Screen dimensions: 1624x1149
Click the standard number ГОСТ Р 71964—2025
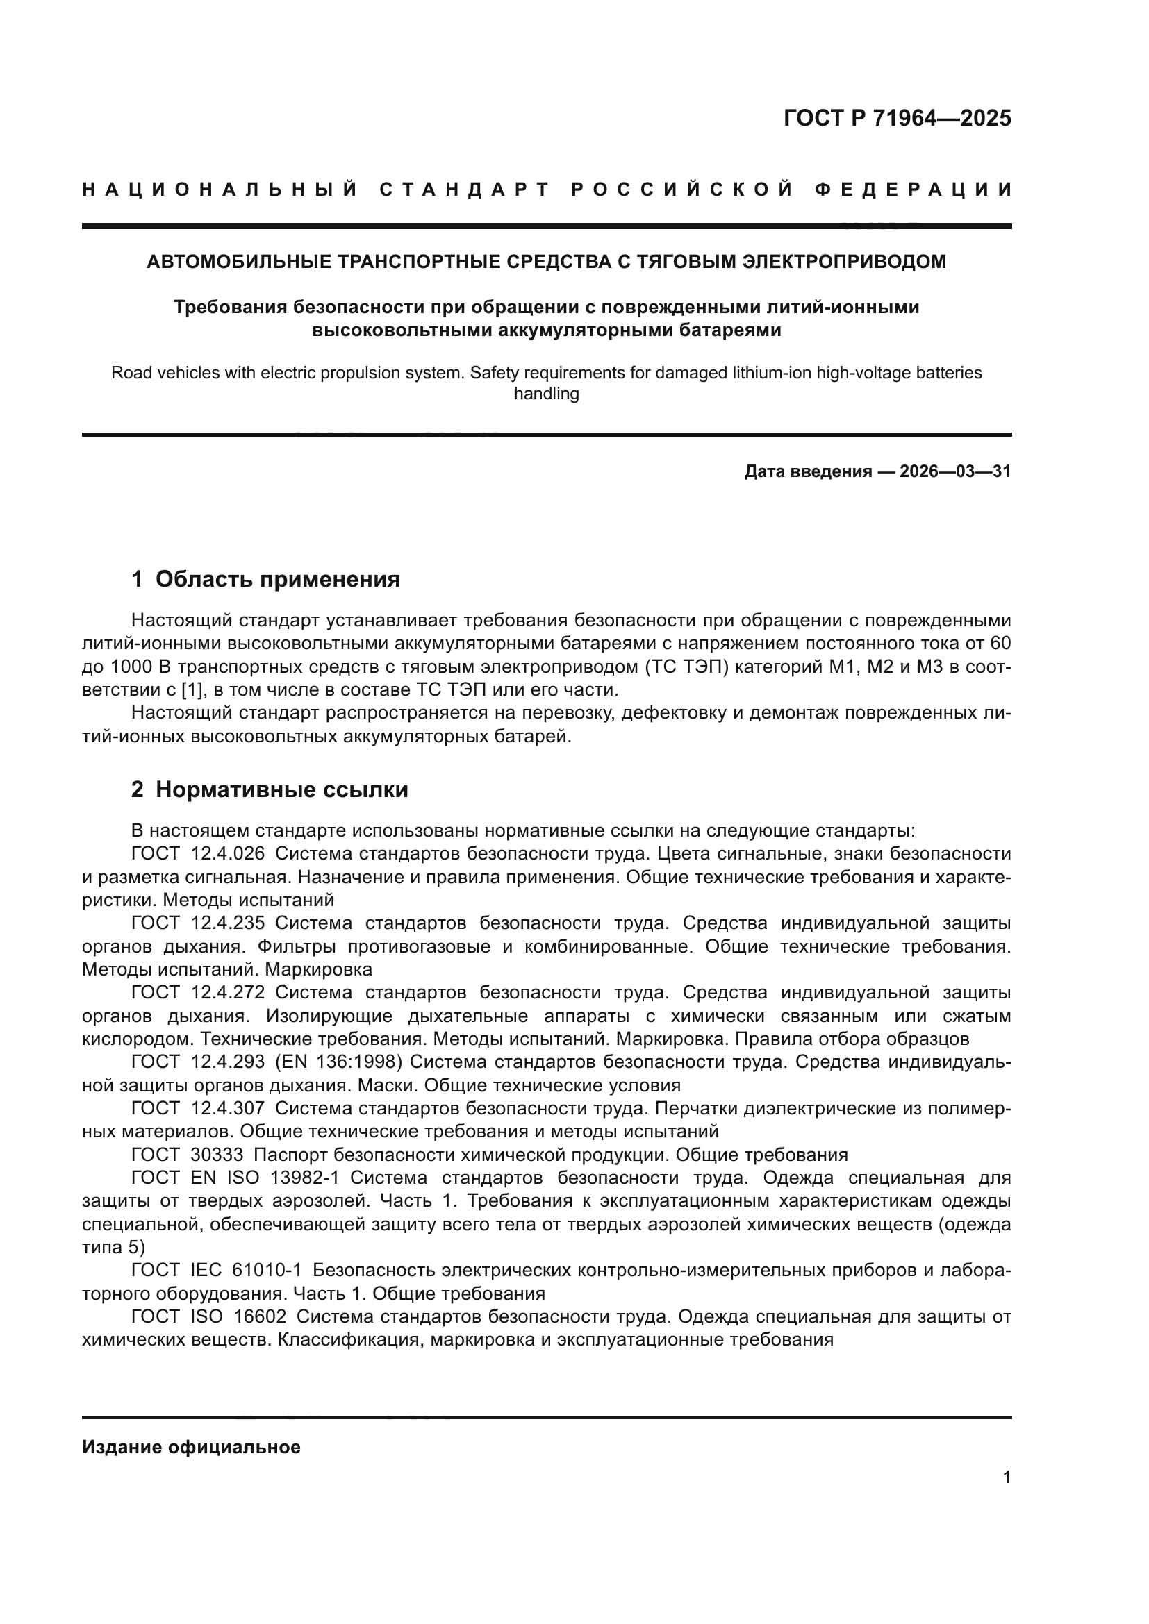[896, 118]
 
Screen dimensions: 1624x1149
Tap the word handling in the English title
[546, 394]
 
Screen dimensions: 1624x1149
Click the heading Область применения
[277, 579]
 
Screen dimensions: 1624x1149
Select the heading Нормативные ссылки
[281, 789]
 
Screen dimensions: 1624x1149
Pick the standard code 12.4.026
[228, 854]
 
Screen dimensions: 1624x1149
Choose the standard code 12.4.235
[228, 923]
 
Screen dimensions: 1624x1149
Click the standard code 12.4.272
[228, 992]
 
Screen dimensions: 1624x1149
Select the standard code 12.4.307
[228, 1108]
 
